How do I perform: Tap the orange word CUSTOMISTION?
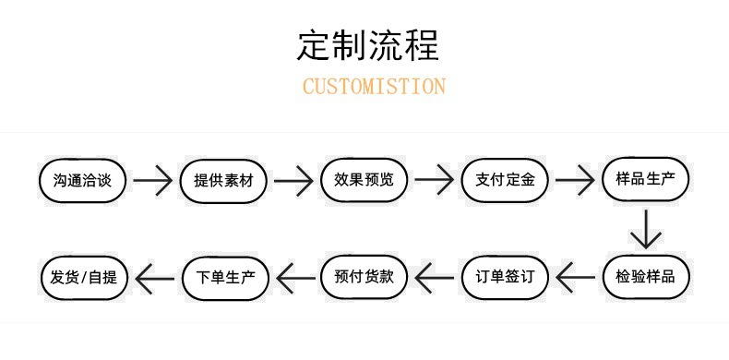tap(374, 87)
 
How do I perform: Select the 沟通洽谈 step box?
tap(82, 179)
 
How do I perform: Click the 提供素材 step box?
tap(223, 179)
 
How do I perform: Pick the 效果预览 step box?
tap(364, 179)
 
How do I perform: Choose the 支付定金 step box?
tap(505, 179)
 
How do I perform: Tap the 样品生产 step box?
tap(645, 179)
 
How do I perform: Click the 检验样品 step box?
tap(645, 275)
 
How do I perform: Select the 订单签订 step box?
tap(505, 275)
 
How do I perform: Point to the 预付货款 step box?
tap(364, 275)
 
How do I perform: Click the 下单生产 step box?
tap(223, 275)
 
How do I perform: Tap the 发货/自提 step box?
tap(82, 275)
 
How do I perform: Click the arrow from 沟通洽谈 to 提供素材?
tap(152, 180)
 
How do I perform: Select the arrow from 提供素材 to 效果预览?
tap(293, 180)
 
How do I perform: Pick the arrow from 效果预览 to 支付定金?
tap(434, 180)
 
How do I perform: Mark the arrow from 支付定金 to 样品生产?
tap(574, 180)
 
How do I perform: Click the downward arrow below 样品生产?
tap(646, 228)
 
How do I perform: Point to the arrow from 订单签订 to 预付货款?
tap(435, 275)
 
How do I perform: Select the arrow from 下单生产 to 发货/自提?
tap(153, 275)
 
